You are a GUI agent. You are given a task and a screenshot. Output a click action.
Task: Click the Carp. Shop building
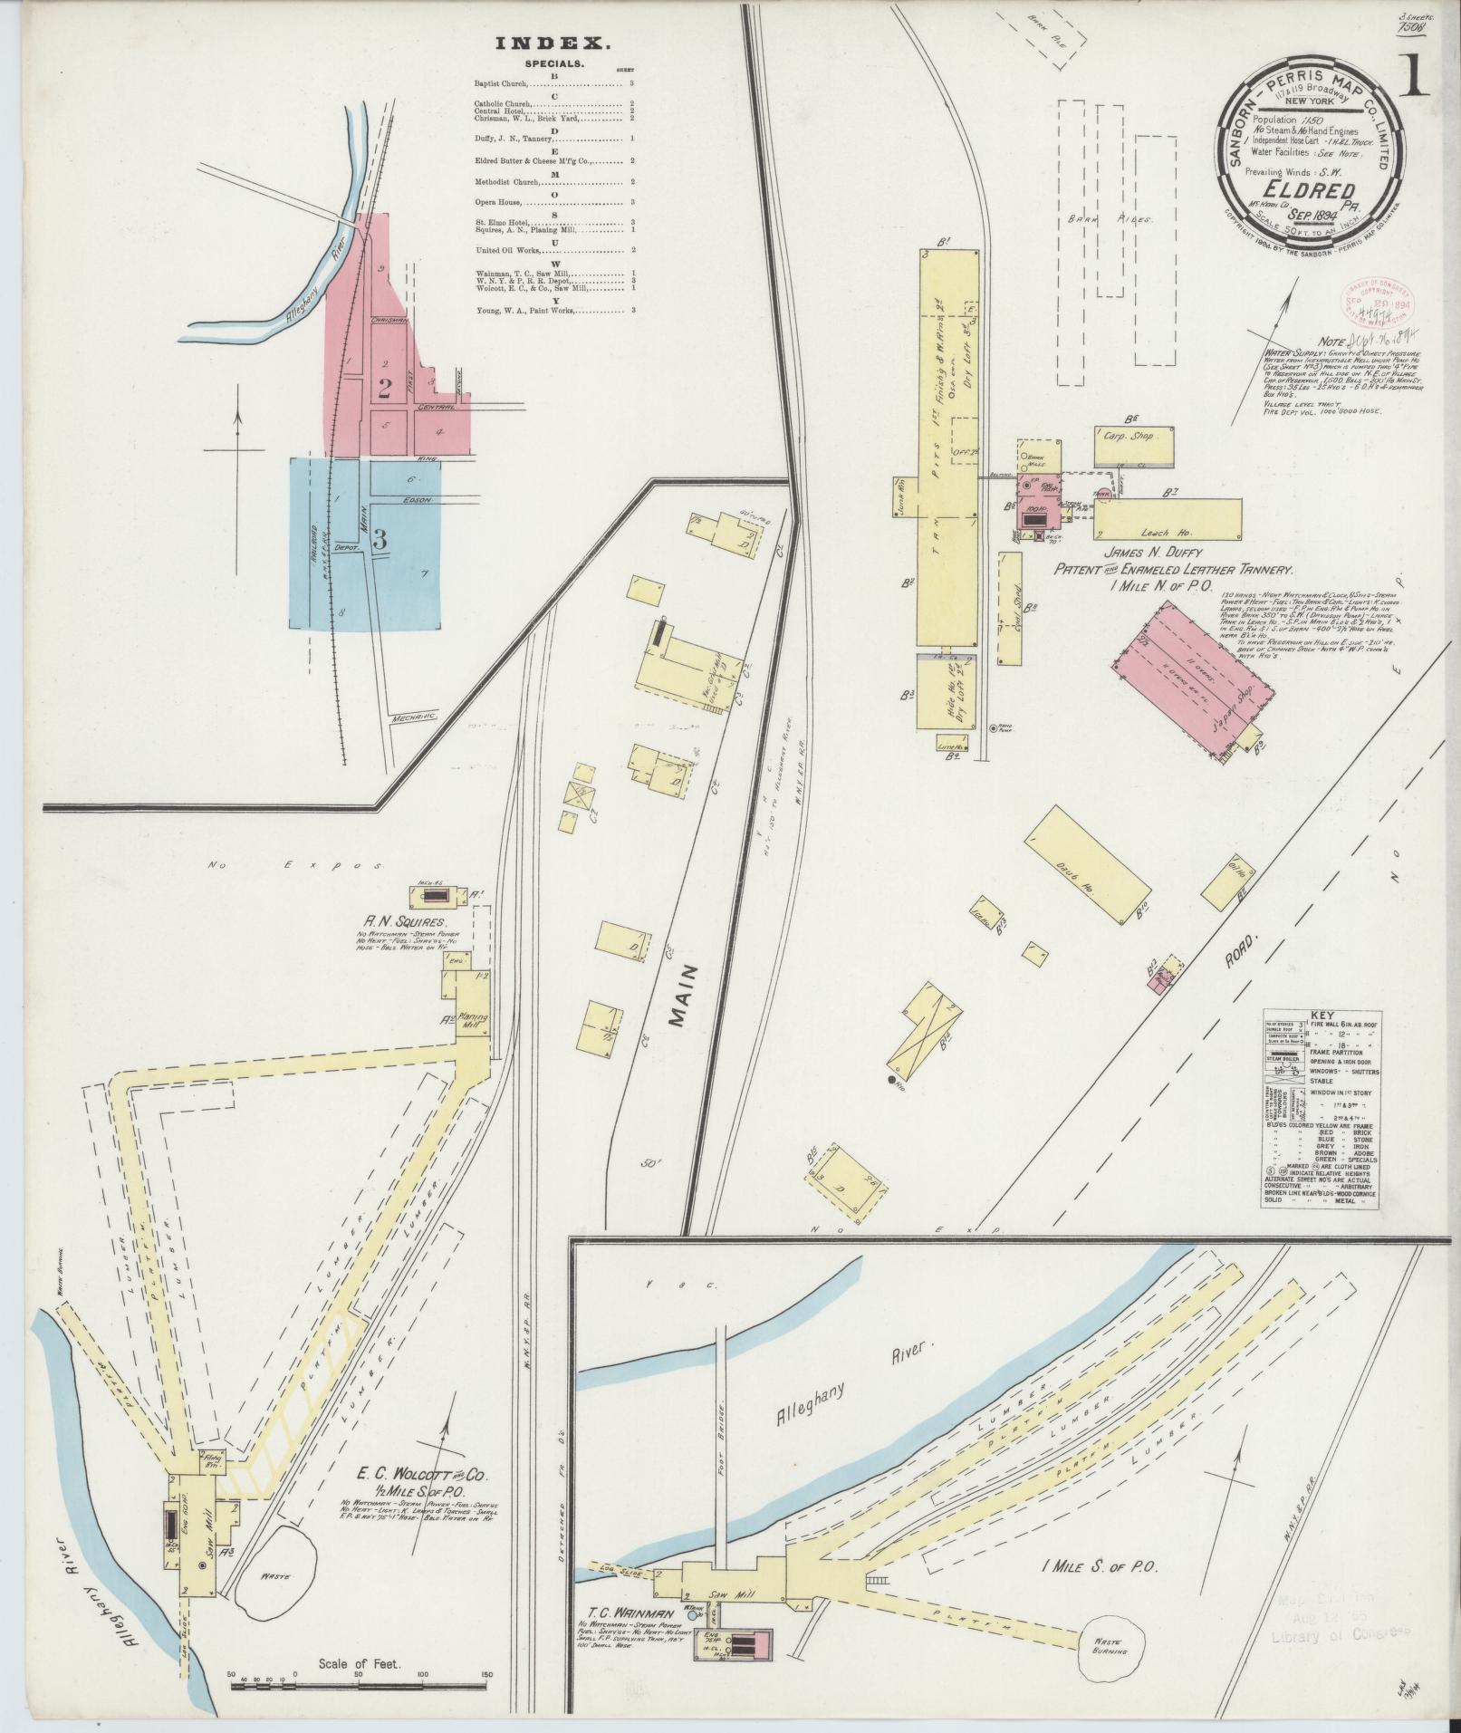click(x=1134, y=437)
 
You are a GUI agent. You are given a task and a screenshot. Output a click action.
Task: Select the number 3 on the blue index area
click(x=380, y=538)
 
